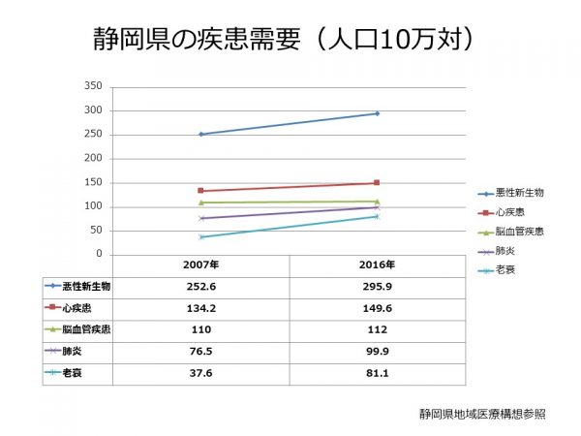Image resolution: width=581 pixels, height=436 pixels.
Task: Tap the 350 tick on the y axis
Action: tap(93, 86)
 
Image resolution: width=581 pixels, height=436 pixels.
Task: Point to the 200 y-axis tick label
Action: tap(93, 158)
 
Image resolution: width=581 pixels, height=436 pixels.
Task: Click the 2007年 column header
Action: tap(200, 265)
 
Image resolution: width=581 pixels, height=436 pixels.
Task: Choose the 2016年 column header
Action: tap(376, 265)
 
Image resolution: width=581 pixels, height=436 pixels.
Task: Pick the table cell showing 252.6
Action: tap(200, 287)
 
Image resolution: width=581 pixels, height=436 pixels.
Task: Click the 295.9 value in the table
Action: tap(376, 287)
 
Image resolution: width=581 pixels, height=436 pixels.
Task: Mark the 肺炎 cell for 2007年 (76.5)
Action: tap(200, 352)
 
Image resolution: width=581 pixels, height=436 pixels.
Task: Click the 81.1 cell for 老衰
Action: tap(376, 374)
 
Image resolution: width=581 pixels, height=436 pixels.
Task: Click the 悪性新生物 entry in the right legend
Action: tap(519, 193)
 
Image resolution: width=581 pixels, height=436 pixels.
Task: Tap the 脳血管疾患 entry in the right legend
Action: tap(519, 232)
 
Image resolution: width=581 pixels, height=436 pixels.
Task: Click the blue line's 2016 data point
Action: tap(376, 113)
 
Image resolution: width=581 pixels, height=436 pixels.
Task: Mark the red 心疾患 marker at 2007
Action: tap(200, 191)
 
